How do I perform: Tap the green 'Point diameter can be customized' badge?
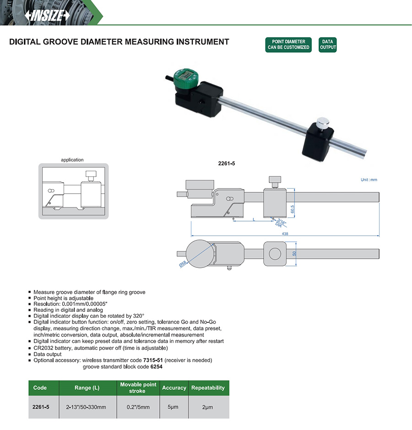click(288, 44)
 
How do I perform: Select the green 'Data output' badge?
click(328, 44)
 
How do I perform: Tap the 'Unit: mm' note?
click(369, 180)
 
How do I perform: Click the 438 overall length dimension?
click(285, 234)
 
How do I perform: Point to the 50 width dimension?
click(295, 253)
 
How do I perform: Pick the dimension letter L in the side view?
click(254, 220)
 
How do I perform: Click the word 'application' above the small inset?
click(72, 160)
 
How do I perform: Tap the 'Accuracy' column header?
click(174, 388)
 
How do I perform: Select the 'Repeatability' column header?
click(208, 388)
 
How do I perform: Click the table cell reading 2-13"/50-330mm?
click(87, 407)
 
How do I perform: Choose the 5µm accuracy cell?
click(174, 407)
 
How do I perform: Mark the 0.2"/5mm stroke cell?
click(138, 407)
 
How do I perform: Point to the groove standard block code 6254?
click(156, 367)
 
